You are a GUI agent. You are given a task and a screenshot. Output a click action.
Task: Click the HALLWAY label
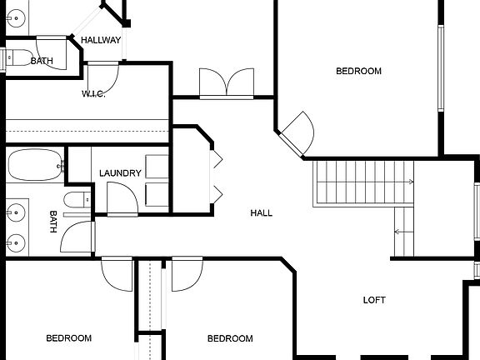tap(101, 40)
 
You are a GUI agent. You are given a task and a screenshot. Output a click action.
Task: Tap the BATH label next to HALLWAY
tap(42, 61)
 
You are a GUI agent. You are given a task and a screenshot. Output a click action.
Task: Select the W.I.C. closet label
tap(93, 93)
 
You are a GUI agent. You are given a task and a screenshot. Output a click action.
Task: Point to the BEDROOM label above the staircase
tap(358, 71)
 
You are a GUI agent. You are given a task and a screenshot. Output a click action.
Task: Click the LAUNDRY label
tap(120, 173)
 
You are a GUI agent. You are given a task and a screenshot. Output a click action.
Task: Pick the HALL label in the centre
tap(262, 213)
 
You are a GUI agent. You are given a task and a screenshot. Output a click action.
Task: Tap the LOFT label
tap(374, 300)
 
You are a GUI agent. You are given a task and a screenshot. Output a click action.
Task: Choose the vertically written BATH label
tap(53, 221)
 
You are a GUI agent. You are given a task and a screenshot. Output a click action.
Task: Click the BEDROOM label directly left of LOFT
tap(230, 338)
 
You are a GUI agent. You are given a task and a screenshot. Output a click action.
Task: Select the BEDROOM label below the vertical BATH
tap(68, 337)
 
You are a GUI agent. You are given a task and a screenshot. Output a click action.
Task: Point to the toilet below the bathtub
tap(77, 201)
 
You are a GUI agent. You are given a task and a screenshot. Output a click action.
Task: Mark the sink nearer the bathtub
tap(15, 212)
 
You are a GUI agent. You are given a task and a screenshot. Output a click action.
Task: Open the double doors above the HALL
tap(225, 84)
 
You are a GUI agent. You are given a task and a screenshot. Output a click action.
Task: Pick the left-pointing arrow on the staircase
tap(398, 231)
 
